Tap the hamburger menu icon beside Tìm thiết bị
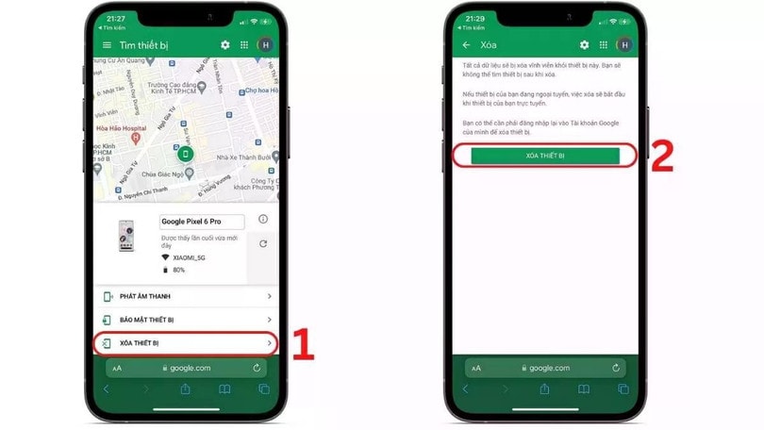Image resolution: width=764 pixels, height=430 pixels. pos(106,44)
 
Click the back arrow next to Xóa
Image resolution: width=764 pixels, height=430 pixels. pos(466,44)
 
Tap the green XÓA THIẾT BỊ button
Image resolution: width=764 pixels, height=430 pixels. pos(545,156)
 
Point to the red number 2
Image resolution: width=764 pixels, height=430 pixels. pos(662,157)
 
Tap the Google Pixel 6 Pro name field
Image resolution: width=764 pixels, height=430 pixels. pos(202,222)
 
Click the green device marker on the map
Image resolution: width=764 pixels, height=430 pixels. pos(186,154)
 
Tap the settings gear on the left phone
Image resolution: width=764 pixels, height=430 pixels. pos(224,44)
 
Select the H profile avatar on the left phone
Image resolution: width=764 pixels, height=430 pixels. pos(265,44)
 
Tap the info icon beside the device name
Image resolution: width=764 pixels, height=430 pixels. pos(262,220)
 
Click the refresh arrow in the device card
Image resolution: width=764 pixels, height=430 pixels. pos(262,243)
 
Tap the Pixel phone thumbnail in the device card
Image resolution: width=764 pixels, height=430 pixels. pos(125,236)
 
